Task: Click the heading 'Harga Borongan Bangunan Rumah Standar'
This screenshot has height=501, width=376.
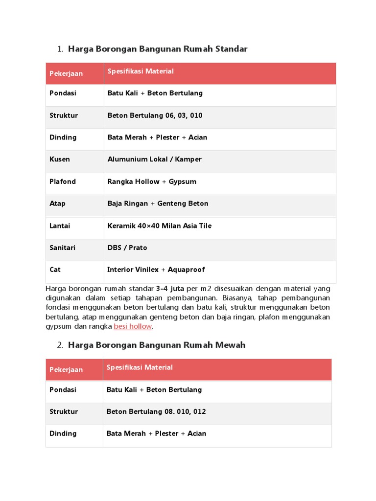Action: coord(158,49)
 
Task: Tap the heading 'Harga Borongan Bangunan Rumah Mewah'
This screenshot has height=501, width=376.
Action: coord(157,345)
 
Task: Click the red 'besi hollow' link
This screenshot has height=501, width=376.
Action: coord(133,326)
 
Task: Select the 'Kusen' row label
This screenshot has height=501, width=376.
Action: coord(60,159)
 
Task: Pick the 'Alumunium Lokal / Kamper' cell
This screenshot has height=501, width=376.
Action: coord(154,159)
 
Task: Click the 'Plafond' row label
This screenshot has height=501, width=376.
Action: coord(63,182)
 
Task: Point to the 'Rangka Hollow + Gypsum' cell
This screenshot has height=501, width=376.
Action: coord(152,182)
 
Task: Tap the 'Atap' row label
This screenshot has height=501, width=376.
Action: coord(57,204)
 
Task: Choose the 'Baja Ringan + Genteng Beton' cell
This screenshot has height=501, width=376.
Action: coord(158,204)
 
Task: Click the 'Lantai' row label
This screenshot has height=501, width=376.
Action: coord(60,226)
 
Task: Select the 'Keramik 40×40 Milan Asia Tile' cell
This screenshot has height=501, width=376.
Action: coord(160,226)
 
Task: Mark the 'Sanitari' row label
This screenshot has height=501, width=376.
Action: coord(63,248)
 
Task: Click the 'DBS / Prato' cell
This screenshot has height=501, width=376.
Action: coord(127,248)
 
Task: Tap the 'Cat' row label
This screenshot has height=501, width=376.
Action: coord(55,270)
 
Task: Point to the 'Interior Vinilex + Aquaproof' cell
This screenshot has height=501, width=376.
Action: coord(156,270)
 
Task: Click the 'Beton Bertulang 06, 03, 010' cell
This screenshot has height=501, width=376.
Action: coord(155,115)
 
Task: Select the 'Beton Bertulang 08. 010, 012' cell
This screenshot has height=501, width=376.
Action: coord(156,411)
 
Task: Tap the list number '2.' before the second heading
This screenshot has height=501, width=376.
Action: coord(60,345)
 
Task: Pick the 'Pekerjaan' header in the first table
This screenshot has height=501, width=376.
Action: coord(66,73)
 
